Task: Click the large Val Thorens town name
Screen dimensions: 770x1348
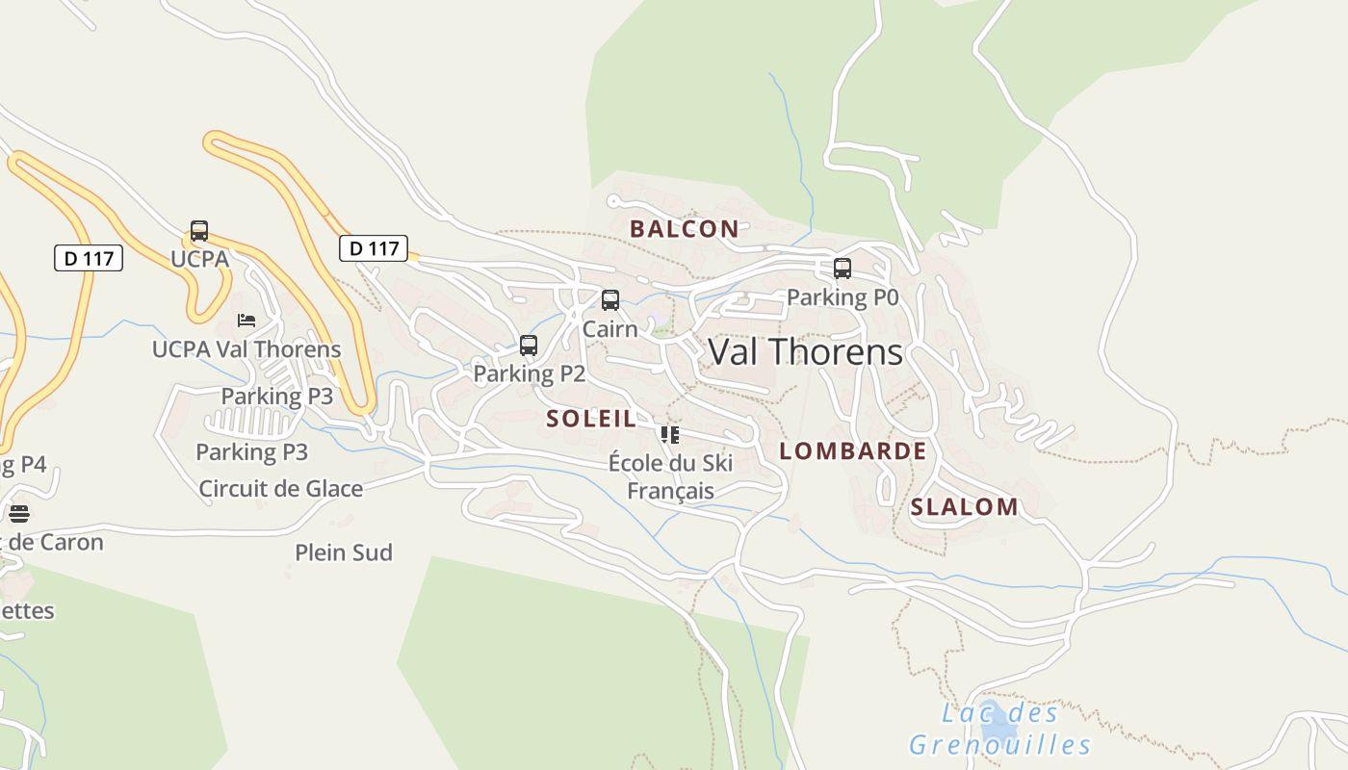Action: point(805,352)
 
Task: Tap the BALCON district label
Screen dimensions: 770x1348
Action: point(684,229)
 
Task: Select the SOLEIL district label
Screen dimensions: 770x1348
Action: point(591,419)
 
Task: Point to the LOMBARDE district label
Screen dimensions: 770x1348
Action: point(852,451)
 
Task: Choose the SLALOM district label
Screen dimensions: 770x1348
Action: point(964,507)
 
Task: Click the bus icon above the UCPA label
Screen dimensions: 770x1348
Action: point(199,231)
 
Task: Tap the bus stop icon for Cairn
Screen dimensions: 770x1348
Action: point(610,300)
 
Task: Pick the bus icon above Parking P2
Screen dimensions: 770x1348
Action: point(529,346)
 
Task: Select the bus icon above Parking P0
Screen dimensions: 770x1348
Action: point(842,269)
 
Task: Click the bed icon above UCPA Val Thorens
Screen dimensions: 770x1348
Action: point(246,320)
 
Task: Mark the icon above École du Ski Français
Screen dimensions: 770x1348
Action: point(670,435)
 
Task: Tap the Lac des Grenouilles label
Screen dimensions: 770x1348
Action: point(999,729)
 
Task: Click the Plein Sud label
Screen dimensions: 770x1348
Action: point(344,552)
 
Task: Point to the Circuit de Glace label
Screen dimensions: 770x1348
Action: point(281,489)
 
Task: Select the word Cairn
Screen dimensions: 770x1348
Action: point(610,329)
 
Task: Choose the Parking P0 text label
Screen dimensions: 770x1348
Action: point(842,297)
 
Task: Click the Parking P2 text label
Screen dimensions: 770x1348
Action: point(529,373)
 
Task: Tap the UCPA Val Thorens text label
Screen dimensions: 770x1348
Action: point(246,349)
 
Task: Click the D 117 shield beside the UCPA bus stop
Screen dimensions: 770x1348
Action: point(89,258)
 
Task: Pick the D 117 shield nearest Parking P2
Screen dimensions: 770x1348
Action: point(374,248)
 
